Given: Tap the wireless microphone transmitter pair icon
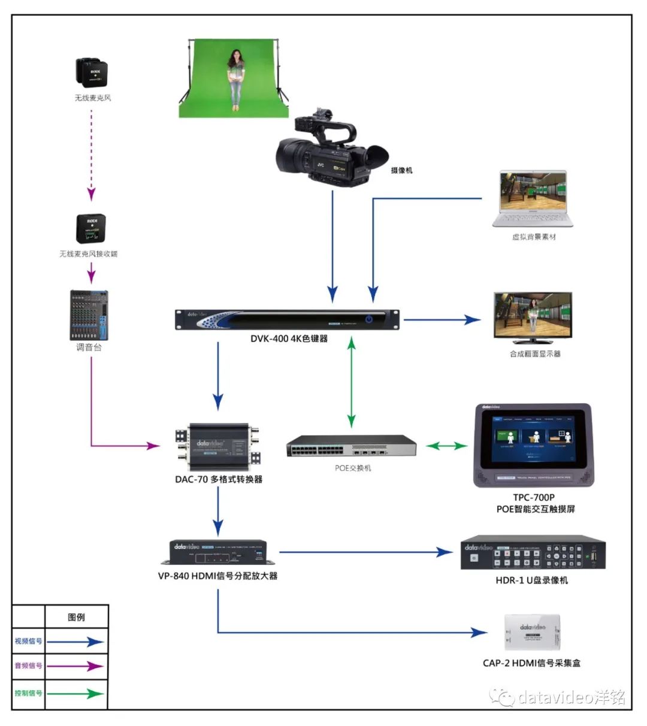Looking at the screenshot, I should point(92,73).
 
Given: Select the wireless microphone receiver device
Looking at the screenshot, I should point(90,228).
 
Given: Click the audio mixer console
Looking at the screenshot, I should point(89,315).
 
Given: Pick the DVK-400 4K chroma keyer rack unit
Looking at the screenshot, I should point(287,319).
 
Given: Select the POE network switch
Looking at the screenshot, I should point(351,446).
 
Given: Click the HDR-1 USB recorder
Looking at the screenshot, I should point(533,552).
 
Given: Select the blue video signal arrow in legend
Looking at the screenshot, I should point(75,642).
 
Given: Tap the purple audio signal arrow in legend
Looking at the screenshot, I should point(75,666).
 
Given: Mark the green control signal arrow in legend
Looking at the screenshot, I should point(75,694).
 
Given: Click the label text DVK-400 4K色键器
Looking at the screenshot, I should point(289,338).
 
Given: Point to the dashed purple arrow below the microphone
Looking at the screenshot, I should point(91,153).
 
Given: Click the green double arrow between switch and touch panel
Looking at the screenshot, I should point(446,446).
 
